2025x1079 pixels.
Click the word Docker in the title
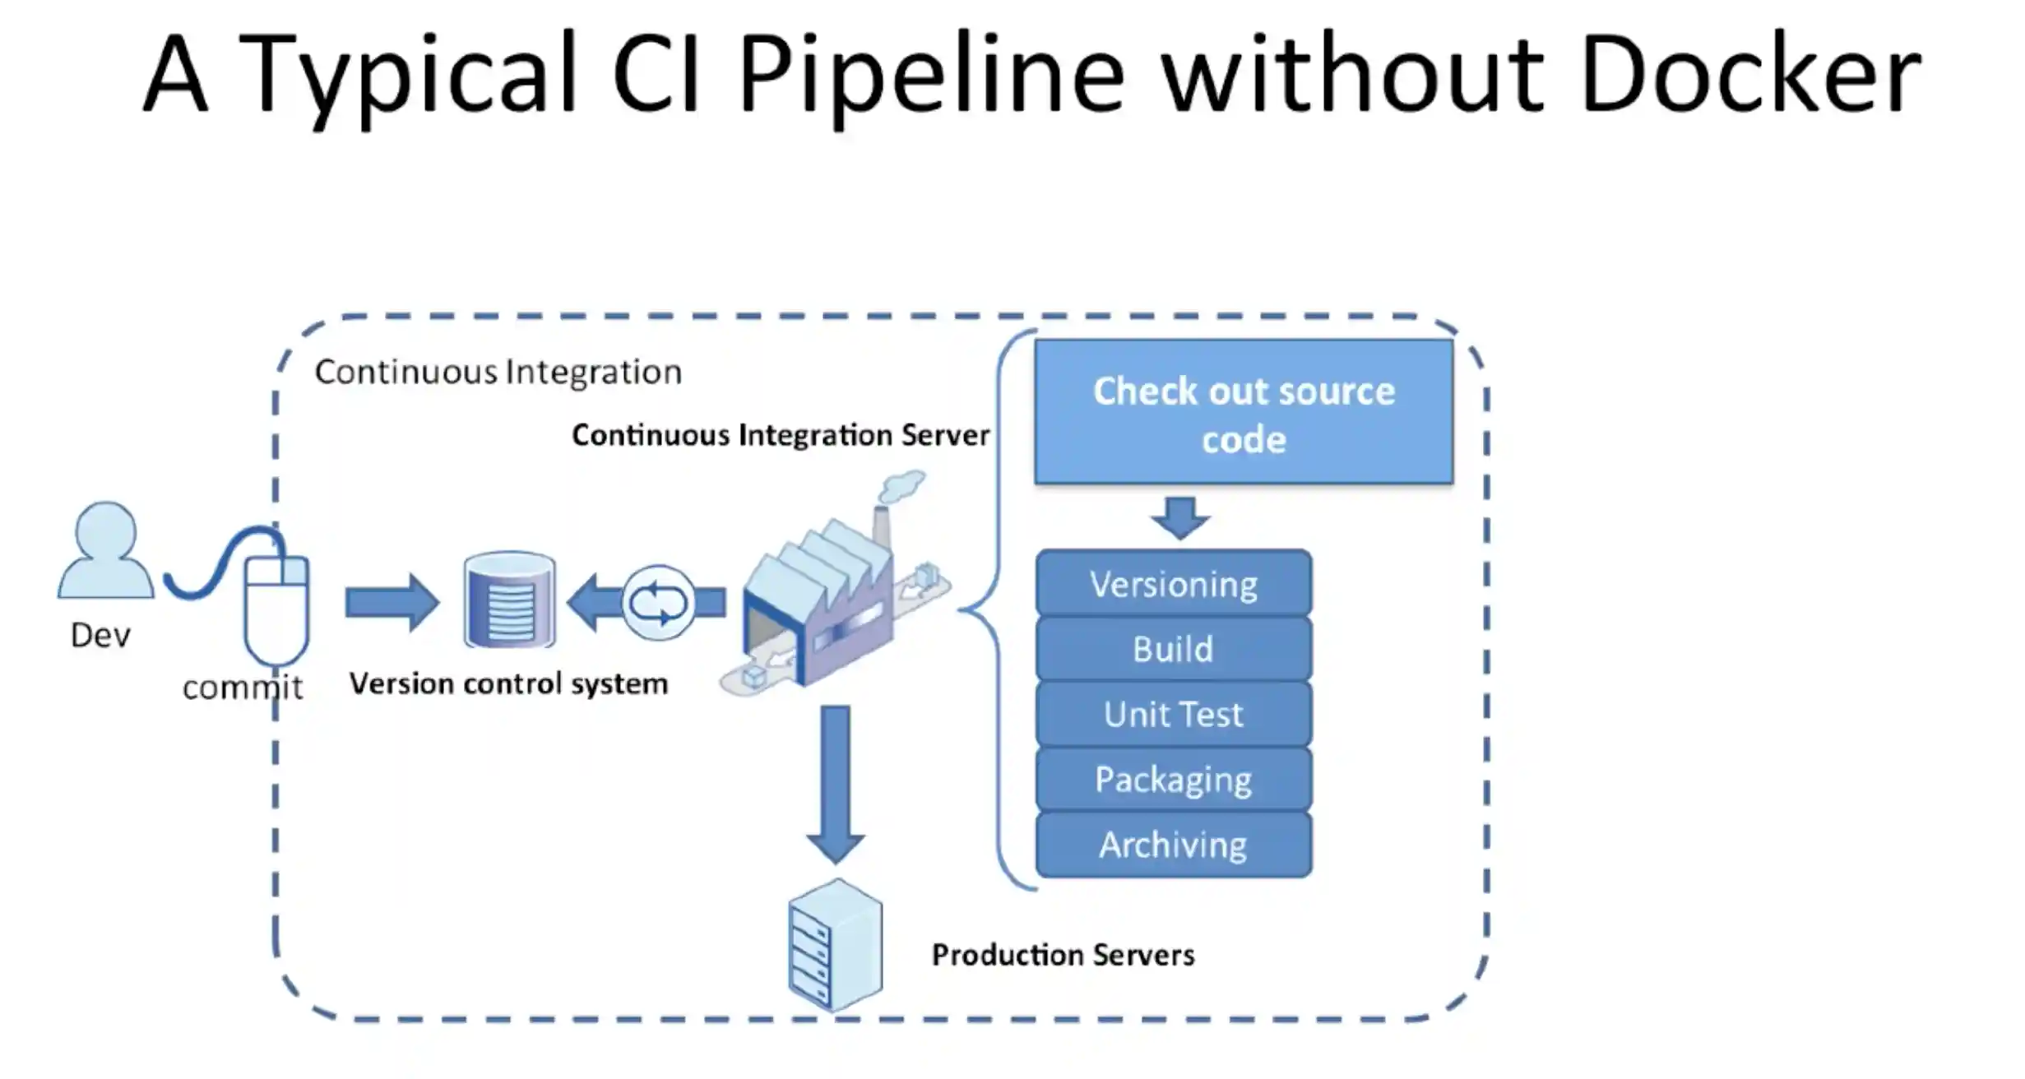(x=1749, y=74)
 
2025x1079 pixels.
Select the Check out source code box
(x=1244, y=412)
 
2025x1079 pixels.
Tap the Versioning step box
(x=1174, y=584)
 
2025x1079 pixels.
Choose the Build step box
(x=1174, y=649)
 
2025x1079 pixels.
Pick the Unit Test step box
(x=1174, y=714)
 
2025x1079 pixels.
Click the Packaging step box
(x=1174, y=779)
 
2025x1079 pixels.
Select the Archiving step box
(x=1174, y=845)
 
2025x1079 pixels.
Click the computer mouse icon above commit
(x=276, y=609)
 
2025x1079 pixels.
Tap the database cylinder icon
(x=510, y=600)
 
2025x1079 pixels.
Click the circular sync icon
(x=658, y=603)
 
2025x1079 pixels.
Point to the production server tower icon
(x=836, y=945)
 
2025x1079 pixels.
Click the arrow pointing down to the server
(x=836, y=785)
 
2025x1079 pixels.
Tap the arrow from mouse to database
(x=392, y=603)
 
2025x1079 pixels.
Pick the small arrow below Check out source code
(x=1180, y=518)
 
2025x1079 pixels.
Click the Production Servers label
(x=1063, y=955)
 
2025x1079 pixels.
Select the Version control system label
(x=508, y=684)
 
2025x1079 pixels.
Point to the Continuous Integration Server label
(x=781, y=434)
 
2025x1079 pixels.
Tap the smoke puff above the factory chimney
(x=902, y=486)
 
